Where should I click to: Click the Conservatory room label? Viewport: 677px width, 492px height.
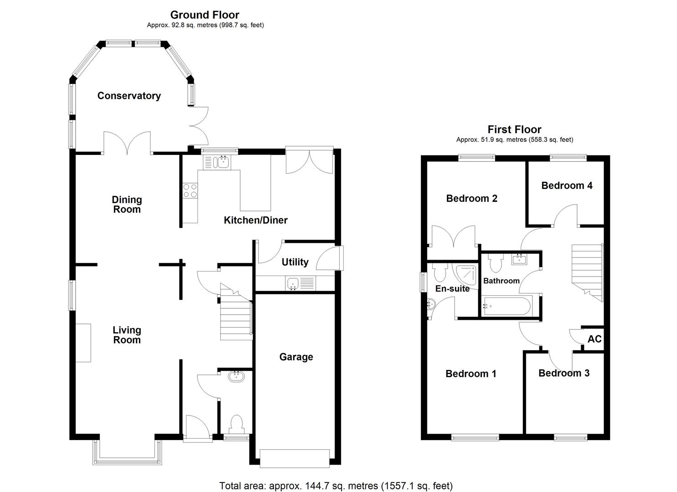click(x=129, y=96)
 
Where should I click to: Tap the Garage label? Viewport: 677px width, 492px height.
click(x=296, y=357)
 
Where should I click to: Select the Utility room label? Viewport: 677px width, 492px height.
click(x=295, y=262)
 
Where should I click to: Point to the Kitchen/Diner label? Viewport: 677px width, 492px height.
click(x=255, y=220)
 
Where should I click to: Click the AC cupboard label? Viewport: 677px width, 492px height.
click(x=594, y=339)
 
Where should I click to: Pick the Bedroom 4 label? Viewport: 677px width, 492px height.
click(x=567, y=185)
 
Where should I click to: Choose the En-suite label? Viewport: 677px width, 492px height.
click(x=452, y=288)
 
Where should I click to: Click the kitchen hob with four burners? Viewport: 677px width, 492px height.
click(x=190, y=190)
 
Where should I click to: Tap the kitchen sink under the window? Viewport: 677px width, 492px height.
click(x=217, y=162)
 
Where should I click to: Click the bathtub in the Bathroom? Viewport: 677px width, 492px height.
click(x=506, y=305)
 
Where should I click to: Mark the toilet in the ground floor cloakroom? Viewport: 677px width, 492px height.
click(x=237, y=424)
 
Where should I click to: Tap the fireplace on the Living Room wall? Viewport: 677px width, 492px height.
click(x=83, y=343)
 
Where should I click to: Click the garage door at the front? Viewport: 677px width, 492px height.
click(x=295, y=457)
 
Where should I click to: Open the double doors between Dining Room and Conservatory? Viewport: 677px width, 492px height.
click(x=127, y=142)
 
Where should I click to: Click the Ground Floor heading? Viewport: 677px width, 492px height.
click(x=205, y=15)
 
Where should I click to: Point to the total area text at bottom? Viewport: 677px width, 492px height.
click(x=336, y=486)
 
